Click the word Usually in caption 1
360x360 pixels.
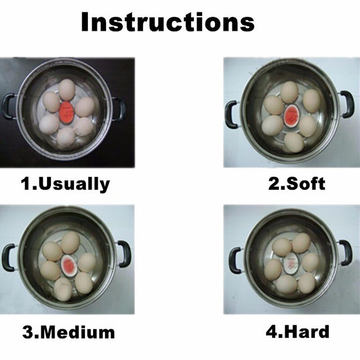pos(74,184)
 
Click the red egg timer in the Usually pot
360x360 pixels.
pos(67,110)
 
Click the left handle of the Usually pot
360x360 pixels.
pos(8,107)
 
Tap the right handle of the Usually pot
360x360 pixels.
pos(119,108)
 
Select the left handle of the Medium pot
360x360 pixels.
pos(8,257)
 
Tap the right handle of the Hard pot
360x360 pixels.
pos(345,252)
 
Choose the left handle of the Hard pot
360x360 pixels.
pos(234,260)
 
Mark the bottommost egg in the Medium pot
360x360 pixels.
pos(63,289)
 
